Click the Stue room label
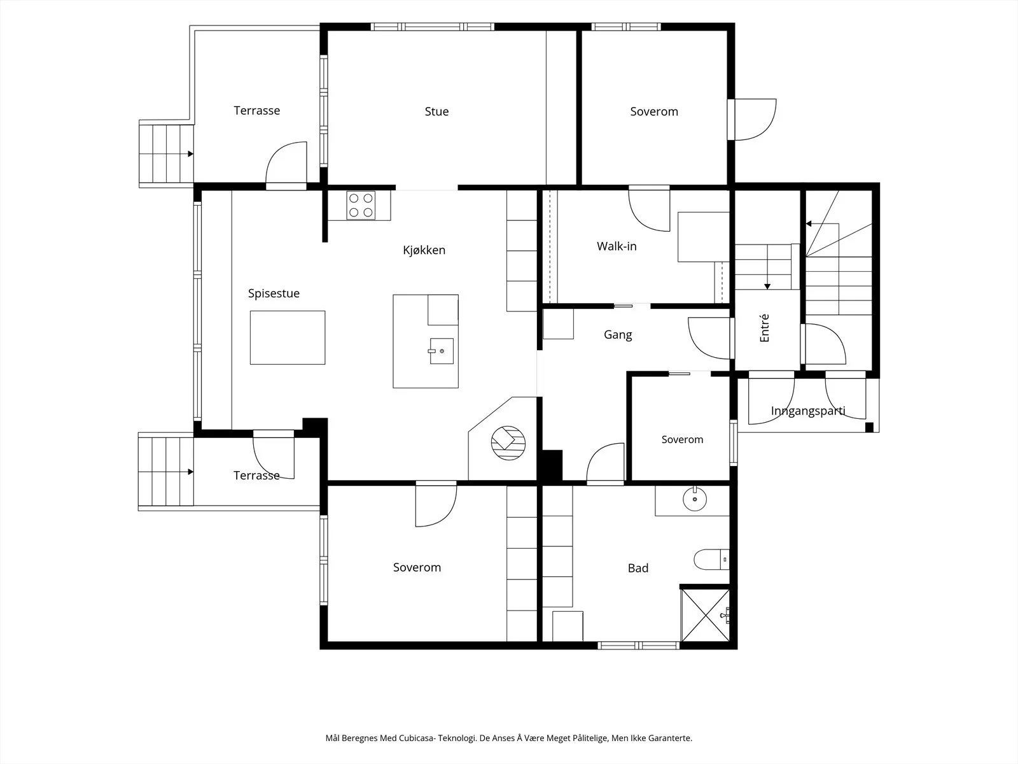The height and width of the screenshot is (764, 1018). pyautogui.click(x=436, y=111)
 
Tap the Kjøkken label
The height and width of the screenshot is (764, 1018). pyautogui.click(x=424, y=250)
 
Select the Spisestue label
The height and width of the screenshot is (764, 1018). pyautogui.click(x=274, y=293)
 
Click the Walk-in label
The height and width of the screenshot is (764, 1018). pyautogui.click(x=617, y=246)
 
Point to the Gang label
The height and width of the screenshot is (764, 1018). pyautogui.click(x=618, y=334)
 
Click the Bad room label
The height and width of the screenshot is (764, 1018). pyautogui.click(x=638, y=568)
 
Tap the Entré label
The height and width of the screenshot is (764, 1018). pyautogui.click(x=764, y=328)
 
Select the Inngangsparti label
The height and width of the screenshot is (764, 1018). pyautogui.click(x=808, y=411)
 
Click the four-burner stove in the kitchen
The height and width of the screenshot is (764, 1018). pyautogui.click(x=361, y=205)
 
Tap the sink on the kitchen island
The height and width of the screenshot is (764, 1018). pyautogui.click(x=441, y=351)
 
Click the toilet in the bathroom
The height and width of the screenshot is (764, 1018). pyautogui.click(x=711, y=560)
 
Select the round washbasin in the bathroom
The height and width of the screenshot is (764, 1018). pyautogui.click(x=695, y=499)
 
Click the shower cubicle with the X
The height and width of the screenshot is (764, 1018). pyautogui.click(x=705, y=615)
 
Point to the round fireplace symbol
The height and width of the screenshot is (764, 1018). pyautogui.click(x=508, y=443)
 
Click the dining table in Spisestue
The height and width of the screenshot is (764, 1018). pyautogui.click(x=288, y=337)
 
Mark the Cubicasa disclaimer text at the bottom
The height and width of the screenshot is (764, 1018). pyautogui.click(x=509, y=738)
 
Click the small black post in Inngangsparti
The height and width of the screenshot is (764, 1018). pyautogui.click(x=869, y=427)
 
